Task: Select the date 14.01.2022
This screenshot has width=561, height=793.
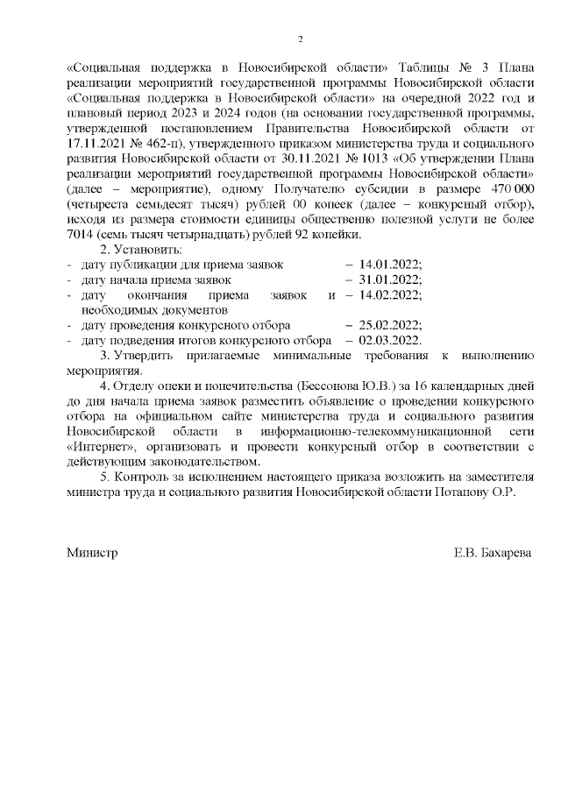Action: coord(390,264)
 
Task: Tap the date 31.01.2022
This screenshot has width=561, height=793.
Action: coord(390,280)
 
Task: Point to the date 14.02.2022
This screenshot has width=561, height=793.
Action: coord(390,295)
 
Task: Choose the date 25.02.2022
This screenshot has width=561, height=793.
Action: coord(390,325)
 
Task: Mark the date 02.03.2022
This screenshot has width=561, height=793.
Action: coord(390,340)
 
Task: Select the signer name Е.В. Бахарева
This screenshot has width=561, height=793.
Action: coord(493,554)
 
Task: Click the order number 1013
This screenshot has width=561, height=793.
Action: coord(360,159)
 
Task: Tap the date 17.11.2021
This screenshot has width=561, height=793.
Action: coord(97,143)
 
